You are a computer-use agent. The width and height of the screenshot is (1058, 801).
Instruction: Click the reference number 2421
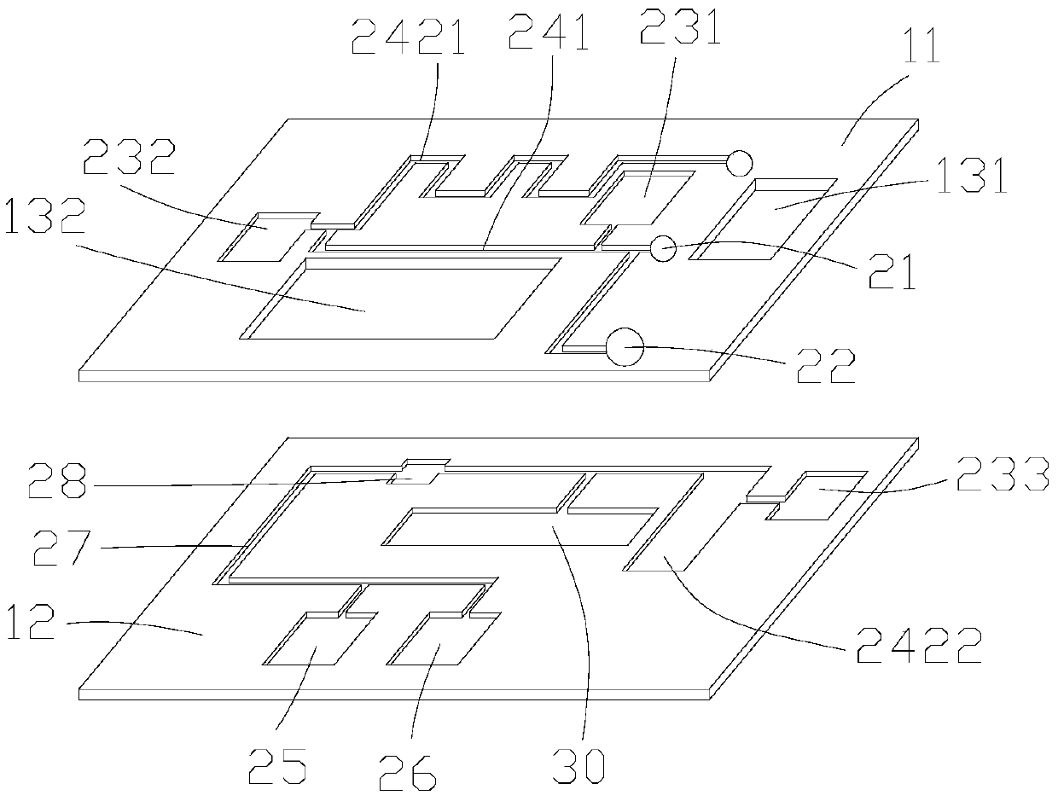[408, 38]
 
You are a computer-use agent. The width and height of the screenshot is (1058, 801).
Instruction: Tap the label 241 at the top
[548, 35]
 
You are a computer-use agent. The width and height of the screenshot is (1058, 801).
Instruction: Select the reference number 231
[680, 30]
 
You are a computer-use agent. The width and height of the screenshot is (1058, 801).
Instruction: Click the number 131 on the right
[969, 179]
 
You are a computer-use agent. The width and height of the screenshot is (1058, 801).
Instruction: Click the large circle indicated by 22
[622, 347]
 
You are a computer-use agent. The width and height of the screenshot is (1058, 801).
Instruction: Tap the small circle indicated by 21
[663, 248]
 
